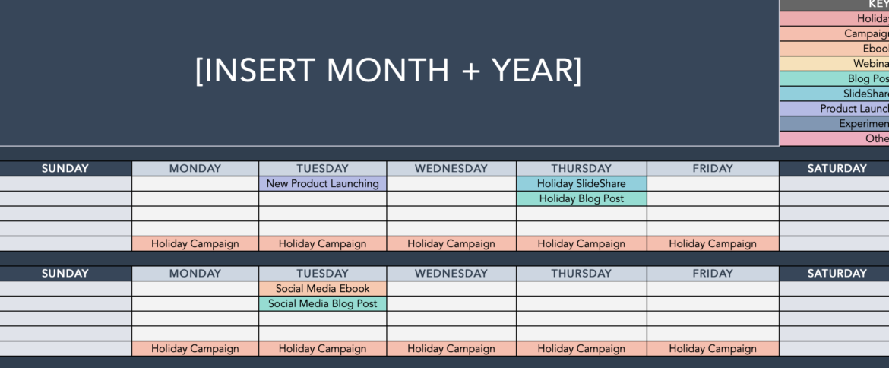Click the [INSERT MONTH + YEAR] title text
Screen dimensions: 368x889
pyautogui.click(x=388, y=71)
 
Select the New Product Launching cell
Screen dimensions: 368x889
pyautogui.click(x=322, y=183)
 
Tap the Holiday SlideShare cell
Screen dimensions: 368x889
pyautogui.click(x=581, y=183)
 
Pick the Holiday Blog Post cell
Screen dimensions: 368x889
pyautogui.click(x=581, y=198)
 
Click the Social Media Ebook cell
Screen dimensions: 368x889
pyautogui.click(x=322, y=288)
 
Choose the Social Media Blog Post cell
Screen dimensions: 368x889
pyautogui.click(x=322, y=303)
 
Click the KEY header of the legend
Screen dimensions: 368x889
pyautogui.click(x=878, y=5)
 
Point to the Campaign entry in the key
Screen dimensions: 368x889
pyautogui.click(x=866, y=33)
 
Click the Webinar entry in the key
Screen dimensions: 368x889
pyautogui.click(x=871, y=64)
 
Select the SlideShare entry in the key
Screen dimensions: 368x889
pyautogui.click(x=865, y=94)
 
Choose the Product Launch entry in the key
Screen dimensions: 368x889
pyautogui.click(x=854, y=109)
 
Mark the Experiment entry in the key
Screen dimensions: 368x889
pyautogui.click(x=863, y=123)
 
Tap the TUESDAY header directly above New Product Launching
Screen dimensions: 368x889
pyautogui.click(x=322, y=168)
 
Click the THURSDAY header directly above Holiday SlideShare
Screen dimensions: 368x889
pyautogui.click(x=581, y=168)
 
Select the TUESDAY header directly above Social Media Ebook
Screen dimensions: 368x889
pyautogui.click(x=322, y=273)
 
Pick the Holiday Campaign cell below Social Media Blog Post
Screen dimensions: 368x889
pyautogui.click(x=322, y=349)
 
